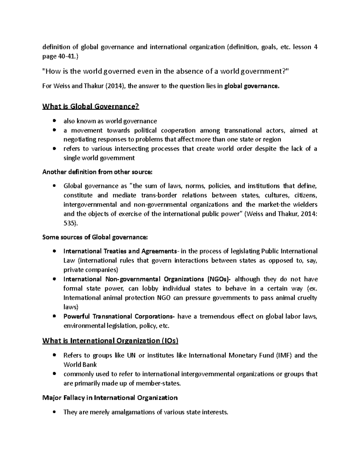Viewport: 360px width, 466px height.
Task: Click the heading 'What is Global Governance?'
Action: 91,106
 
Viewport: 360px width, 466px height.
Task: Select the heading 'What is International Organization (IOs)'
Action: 110,341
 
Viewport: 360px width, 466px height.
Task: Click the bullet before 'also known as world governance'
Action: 54,121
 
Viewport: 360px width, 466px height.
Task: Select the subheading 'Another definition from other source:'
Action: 97,172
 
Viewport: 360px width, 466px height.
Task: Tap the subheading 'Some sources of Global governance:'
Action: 95,237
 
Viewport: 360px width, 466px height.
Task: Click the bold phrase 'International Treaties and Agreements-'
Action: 121,251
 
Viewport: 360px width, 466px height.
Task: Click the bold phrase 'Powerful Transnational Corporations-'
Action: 119,317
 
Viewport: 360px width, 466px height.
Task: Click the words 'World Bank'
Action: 80,365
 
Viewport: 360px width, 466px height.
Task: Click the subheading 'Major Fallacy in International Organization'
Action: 110,398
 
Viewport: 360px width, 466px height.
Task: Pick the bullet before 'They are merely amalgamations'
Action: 54,412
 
